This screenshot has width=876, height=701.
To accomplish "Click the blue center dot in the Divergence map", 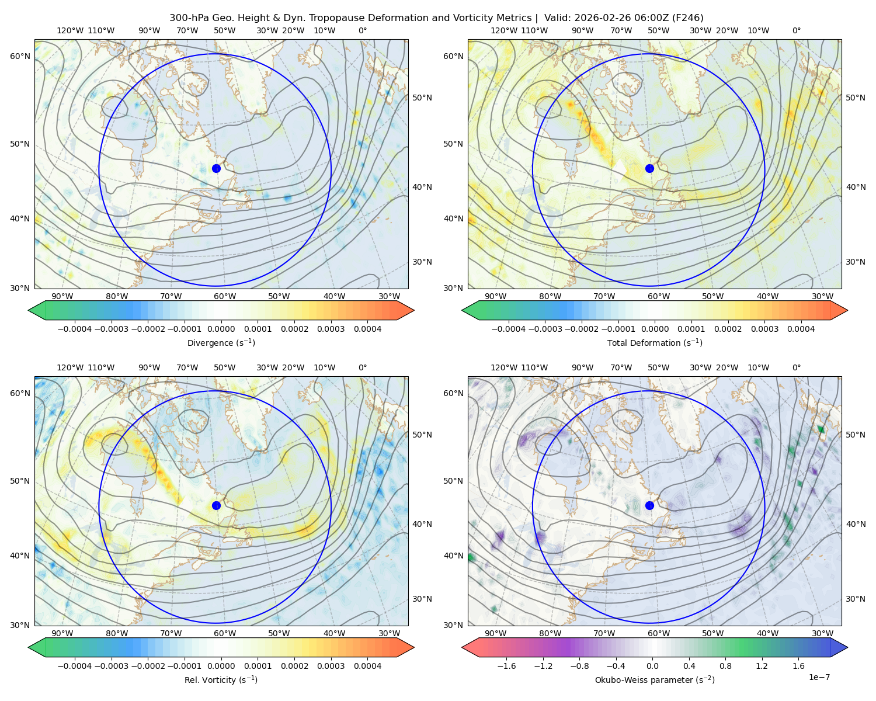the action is (216, 169).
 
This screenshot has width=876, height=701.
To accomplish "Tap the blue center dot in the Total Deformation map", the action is (649, 169).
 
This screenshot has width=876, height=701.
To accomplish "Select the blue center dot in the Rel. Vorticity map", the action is (216, 505).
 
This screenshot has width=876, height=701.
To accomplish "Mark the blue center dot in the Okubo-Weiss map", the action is (649, 505).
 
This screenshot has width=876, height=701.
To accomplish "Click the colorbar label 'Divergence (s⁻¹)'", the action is (221, 343).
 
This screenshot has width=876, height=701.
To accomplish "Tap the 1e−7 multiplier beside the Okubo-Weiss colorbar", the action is (819, 677).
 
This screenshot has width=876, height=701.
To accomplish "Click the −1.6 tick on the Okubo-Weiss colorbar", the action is (506, 666).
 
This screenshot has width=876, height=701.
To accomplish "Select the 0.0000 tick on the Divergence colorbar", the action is (221, 329).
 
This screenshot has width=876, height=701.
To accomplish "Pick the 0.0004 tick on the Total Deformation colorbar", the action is (801, 329).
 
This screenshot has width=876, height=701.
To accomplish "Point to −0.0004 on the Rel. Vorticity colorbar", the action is (75, 666).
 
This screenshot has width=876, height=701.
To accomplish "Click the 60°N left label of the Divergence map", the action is (20, 56).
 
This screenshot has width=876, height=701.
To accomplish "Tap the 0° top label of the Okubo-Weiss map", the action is (796, 367).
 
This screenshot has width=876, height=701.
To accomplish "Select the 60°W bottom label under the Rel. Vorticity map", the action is (225, 633).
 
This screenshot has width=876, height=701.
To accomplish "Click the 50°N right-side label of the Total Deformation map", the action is (856, 98).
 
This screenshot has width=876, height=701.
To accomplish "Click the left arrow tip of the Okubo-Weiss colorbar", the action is (462, 647).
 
